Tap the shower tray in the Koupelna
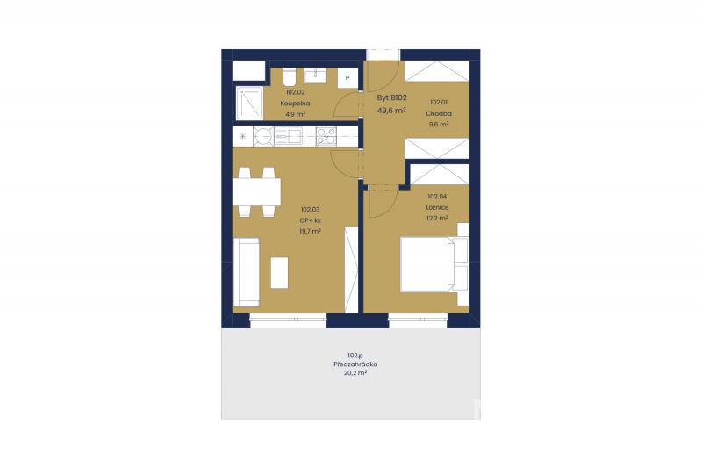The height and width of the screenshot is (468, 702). click(x=249, y=103)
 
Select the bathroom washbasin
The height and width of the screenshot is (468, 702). click(x=315, y=76)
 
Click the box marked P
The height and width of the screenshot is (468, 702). click(x=347, y=78)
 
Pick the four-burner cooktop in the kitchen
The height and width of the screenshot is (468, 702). click(x=326, y=137)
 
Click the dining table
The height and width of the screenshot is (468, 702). click(x=256, y=191)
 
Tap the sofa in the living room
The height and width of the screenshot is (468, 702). click(x=247, y=272)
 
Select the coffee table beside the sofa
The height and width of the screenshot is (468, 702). click(x=279, y=272)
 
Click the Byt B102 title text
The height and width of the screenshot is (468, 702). click(x=391, y=97)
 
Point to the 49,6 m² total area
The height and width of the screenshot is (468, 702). click(x=391, y=110)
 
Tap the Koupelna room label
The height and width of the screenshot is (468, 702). click(x=295, y=104)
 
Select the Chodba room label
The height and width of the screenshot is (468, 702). click(x=439, y=114)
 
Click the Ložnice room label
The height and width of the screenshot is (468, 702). click(x=437, y=207)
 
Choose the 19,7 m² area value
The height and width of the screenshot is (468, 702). click(x=311, y=231)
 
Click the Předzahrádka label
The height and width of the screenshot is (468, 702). click(x=355, y=364)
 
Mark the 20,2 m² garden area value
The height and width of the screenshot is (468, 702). click(x=355, y=372)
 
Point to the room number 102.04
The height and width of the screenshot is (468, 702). click(x=437, y=196)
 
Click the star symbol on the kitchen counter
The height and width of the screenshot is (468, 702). click(x=243, y=137)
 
